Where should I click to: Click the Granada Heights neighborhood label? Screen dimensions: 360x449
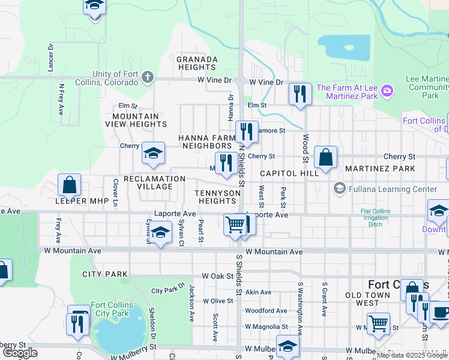(x=196, y=63)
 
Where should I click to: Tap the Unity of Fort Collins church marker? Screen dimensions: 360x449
(x=148, y=77)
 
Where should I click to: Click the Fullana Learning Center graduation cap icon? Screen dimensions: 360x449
(x=340, y=189)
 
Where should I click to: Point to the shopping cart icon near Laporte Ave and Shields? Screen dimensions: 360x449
(x=235, y=224)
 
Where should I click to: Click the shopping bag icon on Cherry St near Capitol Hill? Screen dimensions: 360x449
(x=325, y=158)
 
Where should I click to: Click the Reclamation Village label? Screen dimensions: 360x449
(x=154, y=182)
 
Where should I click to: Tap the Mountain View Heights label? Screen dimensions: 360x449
(x=136, y=120)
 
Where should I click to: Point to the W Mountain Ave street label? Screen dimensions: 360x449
(x=274, y=252)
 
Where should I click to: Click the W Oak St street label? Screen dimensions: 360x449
(x=217, y=276)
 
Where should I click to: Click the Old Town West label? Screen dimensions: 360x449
(x=372, y=299)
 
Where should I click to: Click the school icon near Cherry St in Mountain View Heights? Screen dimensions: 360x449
(x=153, y=154)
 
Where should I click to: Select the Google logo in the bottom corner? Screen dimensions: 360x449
(x=20, y=353)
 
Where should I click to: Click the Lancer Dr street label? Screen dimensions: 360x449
(x=50, y=54)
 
